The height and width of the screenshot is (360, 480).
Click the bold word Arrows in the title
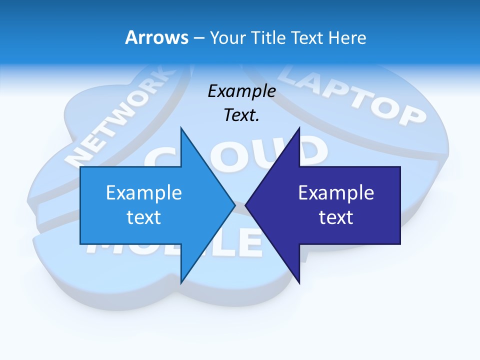[156, 37]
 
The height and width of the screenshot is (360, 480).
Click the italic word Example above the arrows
[242, 91]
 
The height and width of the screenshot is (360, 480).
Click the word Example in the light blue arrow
[144, 192]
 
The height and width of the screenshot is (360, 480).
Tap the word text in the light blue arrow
[144, 217]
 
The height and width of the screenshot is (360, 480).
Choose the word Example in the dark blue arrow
[336, 192]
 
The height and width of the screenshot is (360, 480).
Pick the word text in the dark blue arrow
[336, 217]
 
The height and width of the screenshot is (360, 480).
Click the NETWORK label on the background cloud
[120, 120]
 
